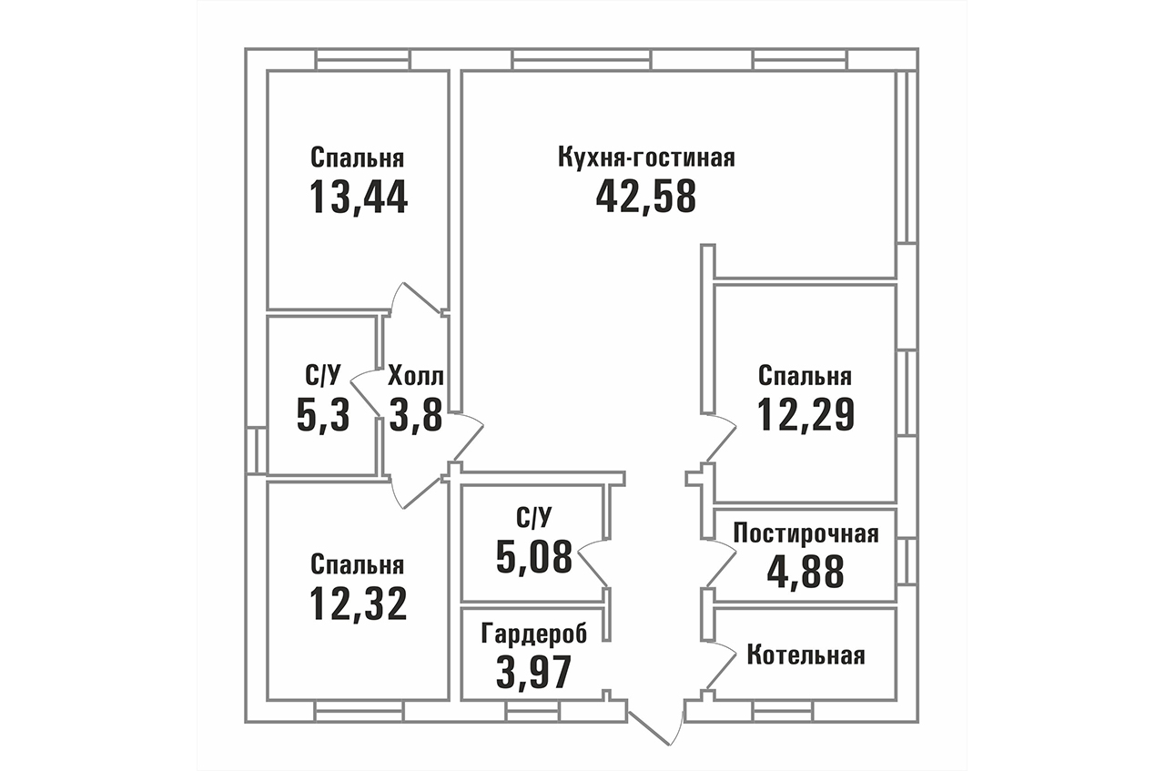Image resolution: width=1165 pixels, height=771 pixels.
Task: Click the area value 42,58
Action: (645, 198)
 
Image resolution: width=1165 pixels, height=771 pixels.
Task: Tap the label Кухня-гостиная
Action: (646, 157)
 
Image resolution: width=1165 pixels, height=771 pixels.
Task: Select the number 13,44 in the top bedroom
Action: (359, 198)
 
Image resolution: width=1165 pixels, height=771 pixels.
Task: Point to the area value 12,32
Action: (358, 604)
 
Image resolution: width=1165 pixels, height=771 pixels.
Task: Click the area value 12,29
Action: (805, 415)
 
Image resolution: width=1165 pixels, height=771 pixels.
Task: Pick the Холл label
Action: (416, 376)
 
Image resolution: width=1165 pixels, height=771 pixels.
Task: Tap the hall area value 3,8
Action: (416, 415)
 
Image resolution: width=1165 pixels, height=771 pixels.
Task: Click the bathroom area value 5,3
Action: (323, 415)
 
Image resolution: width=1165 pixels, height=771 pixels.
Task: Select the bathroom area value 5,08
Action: (534, 556)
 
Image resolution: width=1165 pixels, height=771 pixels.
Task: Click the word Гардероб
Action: (534, 634)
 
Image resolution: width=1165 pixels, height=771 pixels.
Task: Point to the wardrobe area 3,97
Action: (534, 672)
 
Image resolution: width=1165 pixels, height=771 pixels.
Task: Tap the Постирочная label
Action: (806, 533)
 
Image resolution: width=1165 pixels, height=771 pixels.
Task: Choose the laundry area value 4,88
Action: (805, 572)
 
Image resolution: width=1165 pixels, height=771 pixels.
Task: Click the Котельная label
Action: (806, 655)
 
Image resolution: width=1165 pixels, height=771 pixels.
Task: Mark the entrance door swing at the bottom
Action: (656, 725)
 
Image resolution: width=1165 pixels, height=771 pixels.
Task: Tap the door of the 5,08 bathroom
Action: (593, 565)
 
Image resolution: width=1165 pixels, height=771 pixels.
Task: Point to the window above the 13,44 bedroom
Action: (363, 59)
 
